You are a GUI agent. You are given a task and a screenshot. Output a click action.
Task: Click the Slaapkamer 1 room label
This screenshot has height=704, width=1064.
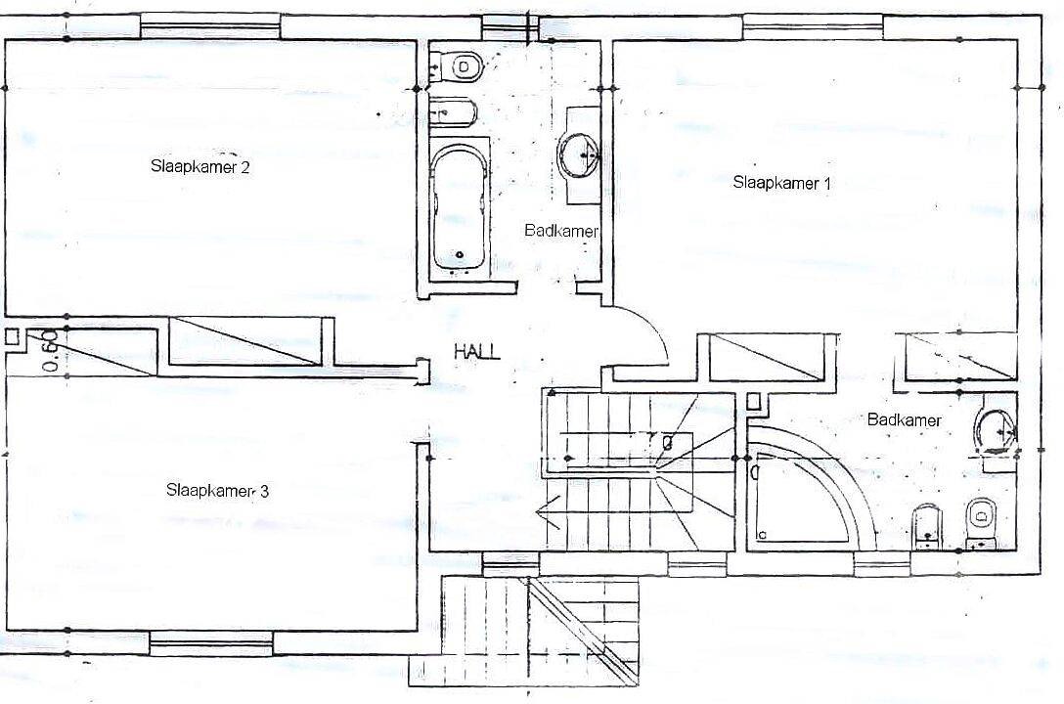pyautogui.click(x=781, y=183)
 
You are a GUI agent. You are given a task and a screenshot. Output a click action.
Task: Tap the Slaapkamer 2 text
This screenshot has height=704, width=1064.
pyautogui.click(x=200, y=166)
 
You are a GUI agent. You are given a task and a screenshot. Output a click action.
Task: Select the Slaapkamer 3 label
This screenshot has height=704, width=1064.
pyautogui.click(x=217, y=490)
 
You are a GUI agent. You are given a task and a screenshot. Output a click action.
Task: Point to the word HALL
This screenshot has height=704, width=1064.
pyautogui.click(x=477, y=351)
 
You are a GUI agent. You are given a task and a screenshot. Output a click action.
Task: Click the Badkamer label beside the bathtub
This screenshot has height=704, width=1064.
pyautogui.click(x=561, y=231)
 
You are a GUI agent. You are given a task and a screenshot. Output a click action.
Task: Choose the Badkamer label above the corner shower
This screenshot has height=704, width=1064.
pyautogui.click(x=905, y=419)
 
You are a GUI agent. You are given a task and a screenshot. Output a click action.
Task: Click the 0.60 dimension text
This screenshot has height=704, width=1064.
pyautogui.click(x=48, y=351)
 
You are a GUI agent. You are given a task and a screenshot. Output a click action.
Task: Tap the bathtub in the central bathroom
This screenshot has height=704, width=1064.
pyautogui.click(x=459, y=206)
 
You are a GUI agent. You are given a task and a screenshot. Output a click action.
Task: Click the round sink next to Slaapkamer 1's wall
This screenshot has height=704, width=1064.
pyautogui.click(x=577, y=154)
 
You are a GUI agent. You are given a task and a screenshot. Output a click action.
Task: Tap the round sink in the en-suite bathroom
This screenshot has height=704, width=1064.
pyautogui.click(x=995, y=431)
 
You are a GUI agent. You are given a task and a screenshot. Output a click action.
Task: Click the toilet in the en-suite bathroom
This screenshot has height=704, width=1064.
pyautogui.click(x=981, y=522)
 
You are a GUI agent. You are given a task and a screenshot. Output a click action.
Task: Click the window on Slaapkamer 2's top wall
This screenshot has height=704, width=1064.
pyautogui.click(x=210, y=27)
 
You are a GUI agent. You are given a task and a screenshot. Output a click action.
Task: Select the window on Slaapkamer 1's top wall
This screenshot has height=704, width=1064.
pyautogui.click(x=813, y=27)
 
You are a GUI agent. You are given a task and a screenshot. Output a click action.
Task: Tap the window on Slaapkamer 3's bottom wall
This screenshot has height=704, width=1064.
pyautogui.click(x=211, y=642)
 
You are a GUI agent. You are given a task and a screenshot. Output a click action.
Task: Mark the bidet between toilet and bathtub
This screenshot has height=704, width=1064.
pyautogui.click(x=454, y=110)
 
